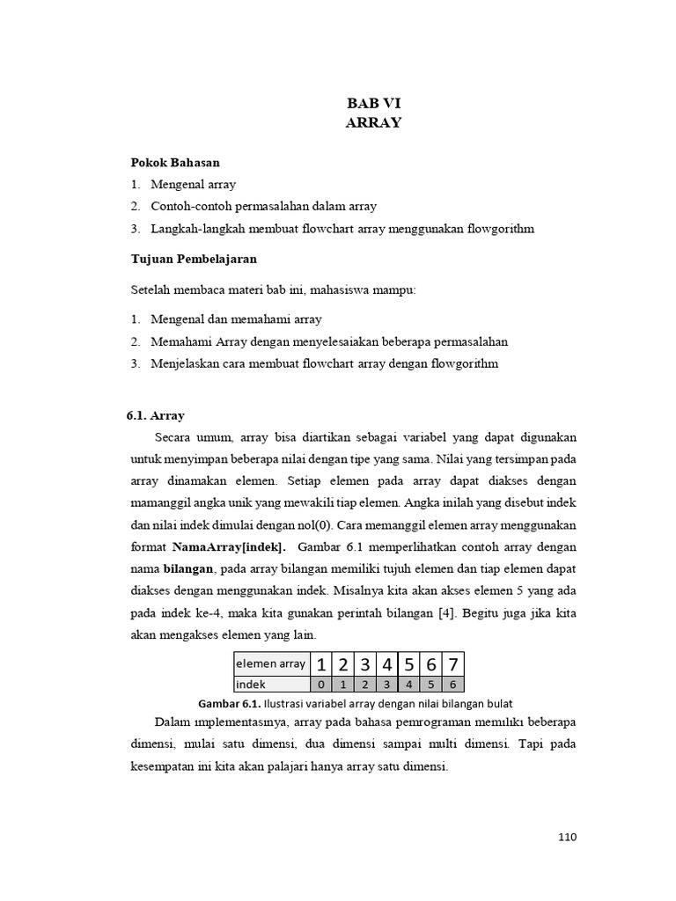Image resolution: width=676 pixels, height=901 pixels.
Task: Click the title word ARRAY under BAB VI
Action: click(x=373, y=123)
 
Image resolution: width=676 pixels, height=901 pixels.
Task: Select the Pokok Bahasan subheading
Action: click(x=175, y=163)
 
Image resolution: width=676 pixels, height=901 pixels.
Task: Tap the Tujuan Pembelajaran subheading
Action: click(x=194, y=260)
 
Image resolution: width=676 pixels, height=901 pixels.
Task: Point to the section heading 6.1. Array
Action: click(x=156, y=415)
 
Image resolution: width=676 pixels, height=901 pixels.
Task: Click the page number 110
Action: click(x=567, y=837)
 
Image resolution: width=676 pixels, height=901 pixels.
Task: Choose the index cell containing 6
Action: click(x=452, y=684)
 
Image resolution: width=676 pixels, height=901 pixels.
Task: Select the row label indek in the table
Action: click(x=252, y=684)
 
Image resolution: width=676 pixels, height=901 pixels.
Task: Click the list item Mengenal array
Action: click(x=193, y=185)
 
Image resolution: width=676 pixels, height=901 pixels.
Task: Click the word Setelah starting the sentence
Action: click(x=151, y=289)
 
